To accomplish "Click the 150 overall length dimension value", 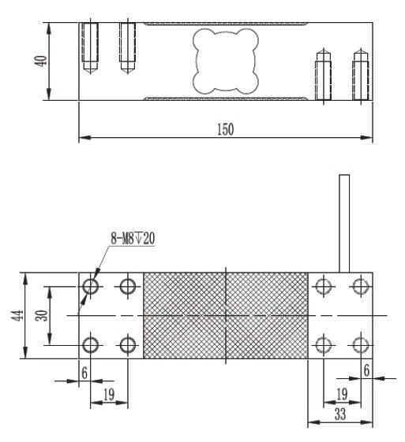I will click(x=225, y=130).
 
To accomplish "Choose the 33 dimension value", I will click(x=339, y=413).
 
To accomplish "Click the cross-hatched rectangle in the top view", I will click(x=225, y=315).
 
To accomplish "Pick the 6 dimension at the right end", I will click(x=367, y=369).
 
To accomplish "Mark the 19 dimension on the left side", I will click(x=110, y=393).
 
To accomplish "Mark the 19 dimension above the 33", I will click(x=340, y=392).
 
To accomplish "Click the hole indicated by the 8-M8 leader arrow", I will click(x=90, y=286).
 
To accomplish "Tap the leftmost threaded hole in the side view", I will click(x=88, y=48).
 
